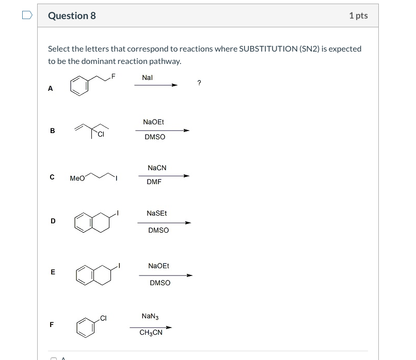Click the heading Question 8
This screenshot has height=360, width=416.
tap(72, 15)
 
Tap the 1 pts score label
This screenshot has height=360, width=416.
tap(358, 15)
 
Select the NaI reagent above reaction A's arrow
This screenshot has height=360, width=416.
tap(147, 77)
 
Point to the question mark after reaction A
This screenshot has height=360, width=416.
tap(199, 83)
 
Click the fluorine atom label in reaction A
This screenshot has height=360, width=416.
tap(114, 77)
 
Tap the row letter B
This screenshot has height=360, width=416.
tap(52, 130)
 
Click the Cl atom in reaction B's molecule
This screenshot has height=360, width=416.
tap(101, 135)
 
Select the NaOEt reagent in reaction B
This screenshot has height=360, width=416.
tap(153, 122)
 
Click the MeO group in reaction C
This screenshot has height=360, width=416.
tap(77, 178)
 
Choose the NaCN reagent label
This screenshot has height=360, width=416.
tap(157, 168)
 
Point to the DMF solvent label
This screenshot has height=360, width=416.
tap(154, 182)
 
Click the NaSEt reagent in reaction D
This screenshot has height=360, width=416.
tap(157, 213)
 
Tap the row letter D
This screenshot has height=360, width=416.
tap(53, 221)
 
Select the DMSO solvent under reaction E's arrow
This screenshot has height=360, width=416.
tap(160, 283)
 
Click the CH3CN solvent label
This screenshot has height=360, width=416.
tap(151, 333)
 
